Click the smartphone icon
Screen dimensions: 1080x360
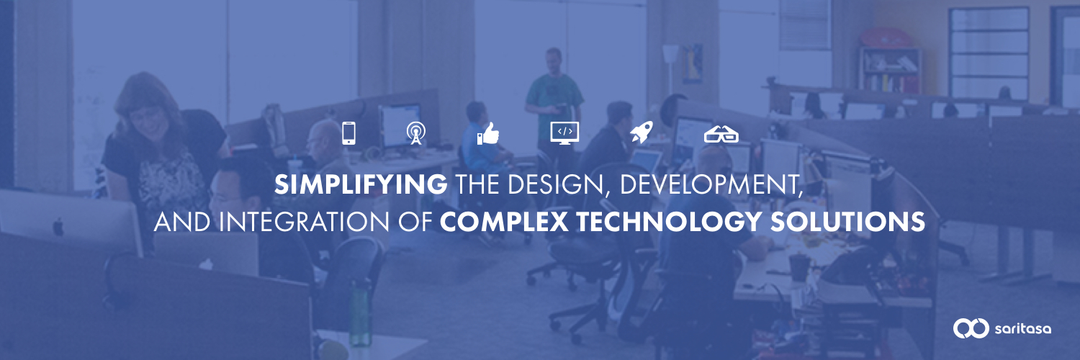click(x=348, y=133)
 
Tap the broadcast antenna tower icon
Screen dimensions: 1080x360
click(x=415, y=133)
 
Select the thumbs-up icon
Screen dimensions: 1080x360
click(x=488, y=133)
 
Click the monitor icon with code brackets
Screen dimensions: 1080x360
click(x=564, y=132)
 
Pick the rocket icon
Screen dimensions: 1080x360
click(x=642, y=132)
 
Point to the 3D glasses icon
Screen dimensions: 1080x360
click(x=721, y=135)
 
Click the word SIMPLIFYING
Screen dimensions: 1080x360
click(x=361, y=184)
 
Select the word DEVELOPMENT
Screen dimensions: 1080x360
click(x=711, y=184)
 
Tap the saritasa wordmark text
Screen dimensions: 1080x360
click(x=1022, y=330)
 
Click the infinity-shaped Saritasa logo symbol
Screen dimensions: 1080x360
click(x=971, y=328)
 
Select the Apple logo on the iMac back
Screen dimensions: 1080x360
click(x=58, y=227)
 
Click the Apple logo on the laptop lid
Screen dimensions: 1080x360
click(x=206, y=264)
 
